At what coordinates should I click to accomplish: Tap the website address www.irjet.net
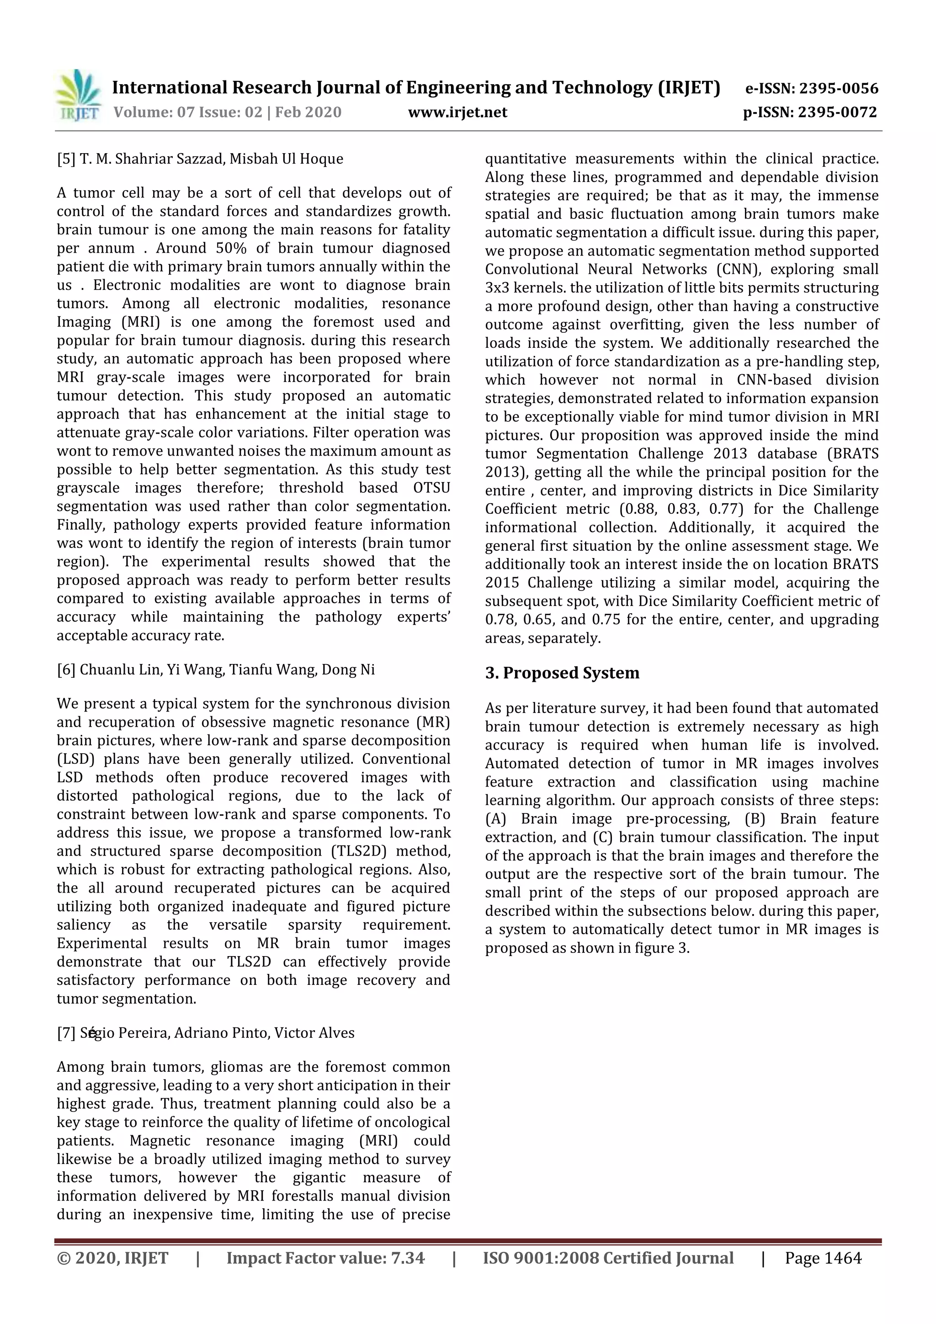(x=457, y=112)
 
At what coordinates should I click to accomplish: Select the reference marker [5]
(x=66, y=159)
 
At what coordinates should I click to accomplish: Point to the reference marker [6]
(x=66, y=670)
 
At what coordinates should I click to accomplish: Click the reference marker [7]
(x=66, y=1033)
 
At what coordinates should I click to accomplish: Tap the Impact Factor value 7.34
(x=408, y=1258)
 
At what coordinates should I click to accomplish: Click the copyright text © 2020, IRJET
(x=112, y=1258)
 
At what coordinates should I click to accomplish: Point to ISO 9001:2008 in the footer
(x=539, y=1258)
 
